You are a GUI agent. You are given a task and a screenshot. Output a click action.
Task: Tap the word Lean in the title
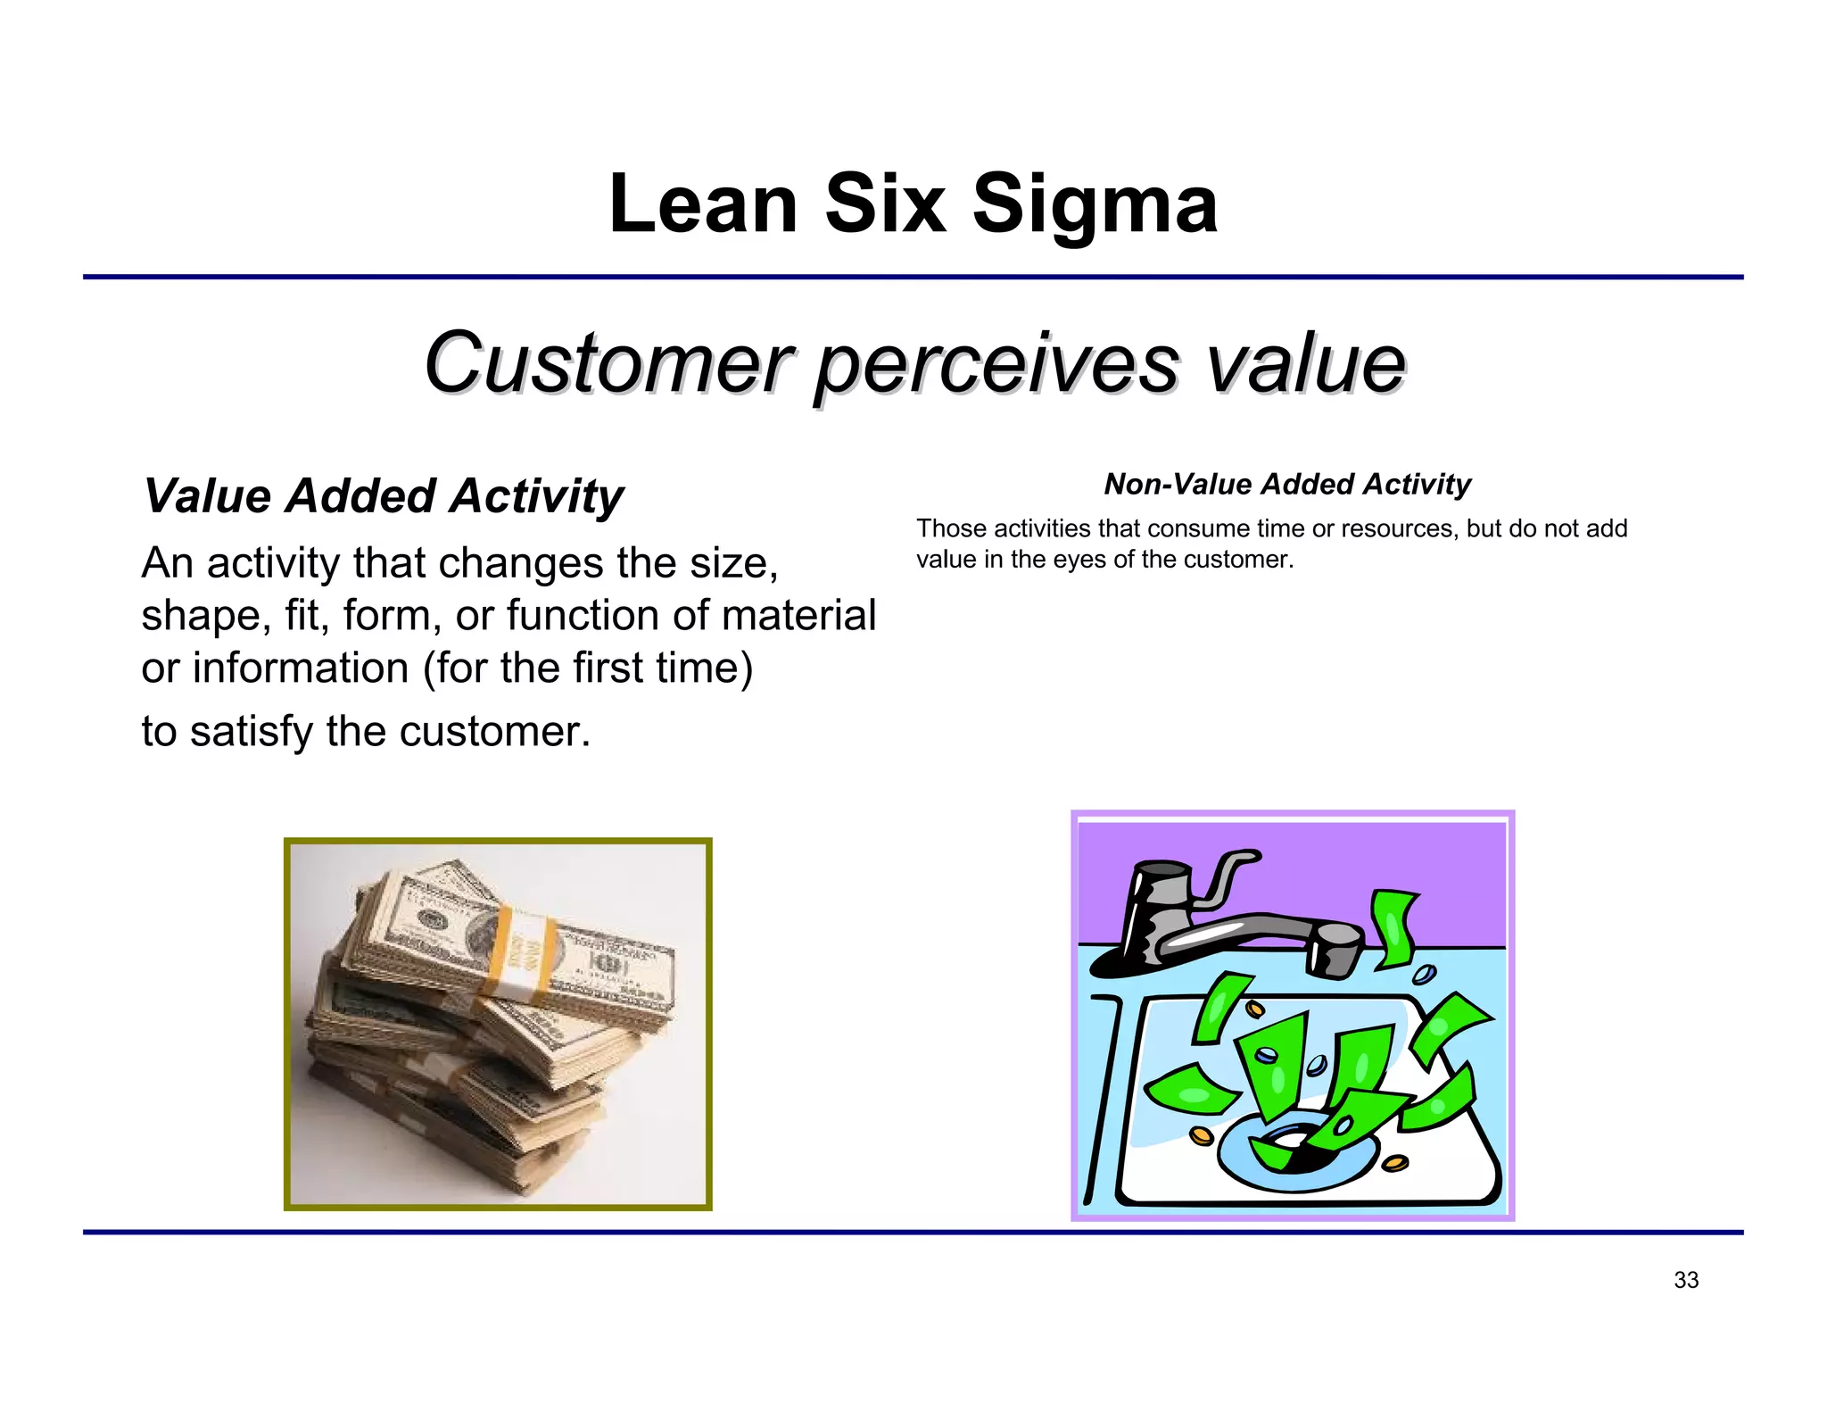point(702,205)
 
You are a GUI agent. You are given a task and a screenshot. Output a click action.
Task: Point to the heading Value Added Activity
point(384,496)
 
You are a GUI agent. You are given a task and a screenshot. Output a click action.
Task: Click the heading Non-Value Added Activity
point(1286,484)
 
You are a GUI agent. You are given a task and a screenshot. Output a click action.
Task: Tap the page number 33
point(1685,1280)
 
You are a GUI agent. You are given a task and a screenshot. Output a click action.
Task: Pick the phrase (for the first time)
point(588,668)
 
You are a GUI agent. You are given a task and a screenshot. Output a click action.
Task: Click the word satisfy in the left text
point(252,732)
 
